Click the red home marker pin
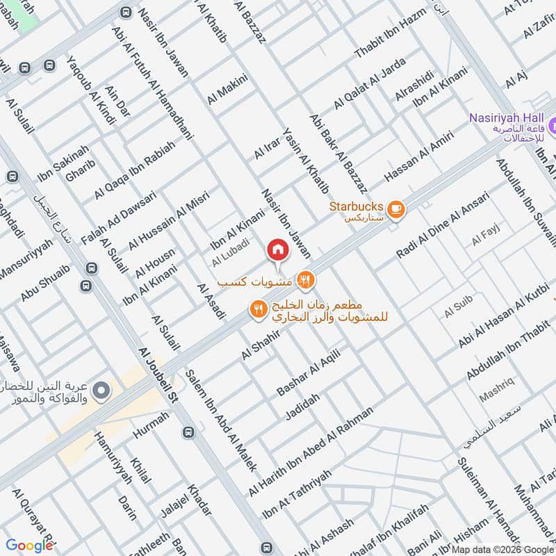pyautogui.click(x=277, y=250)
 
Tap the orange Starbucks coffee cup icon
pyautogui.click(x=395, y=208)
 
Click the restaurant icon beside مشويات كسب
pyautogui.click(x=304, y=281)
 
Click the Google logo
pyautogui.click(x=29, y=545)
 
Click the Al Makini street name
pyautogui.click(x=227, y=90)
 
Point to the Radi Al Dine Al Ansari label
pyautogui.click(x=443, y=224)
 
